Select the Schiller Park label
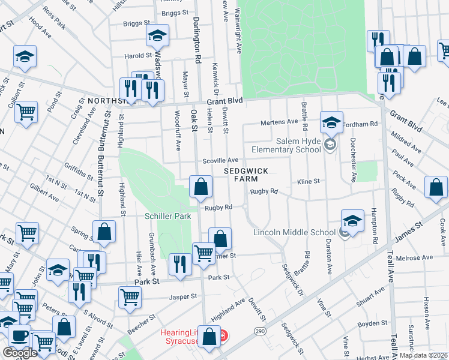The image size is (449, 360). point(163,215)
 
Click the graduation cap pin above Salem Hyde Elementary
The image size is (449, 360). point(331,123)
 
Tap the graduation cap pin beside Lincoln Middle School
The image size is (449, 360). point(353,221)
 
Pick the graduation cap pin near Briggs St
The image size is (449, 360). point(157,37)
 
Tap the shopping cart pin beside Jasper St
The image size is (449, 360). point(130,297)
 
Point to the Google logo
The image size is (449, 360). point(20,353)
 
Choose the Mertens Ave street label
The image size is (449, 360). point(279,122)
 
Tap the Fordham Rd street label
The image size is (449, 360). point(366,124)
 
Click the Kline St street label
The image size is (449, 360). point(309,181)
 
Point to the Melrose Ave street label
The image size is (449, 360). point(418,257)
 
